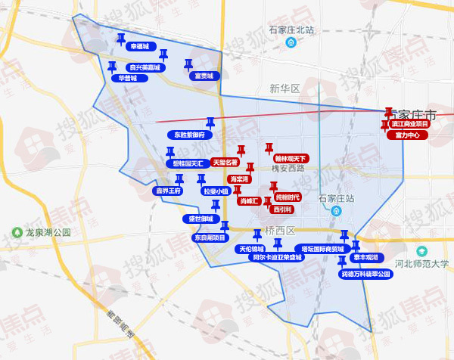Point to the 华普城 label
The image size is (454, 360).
click(x=126, y=78)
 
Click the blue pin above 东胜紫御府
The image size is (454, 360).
click(x=210, y=123)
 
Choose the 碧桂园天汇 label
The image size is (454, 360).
click(x=186, y=163)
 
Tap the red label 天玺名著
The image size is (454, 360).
click(x=225, y=162)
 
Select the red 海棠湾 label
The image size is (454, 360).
click(x=239, y=179)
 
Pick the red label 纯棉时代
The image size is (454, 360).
click(x=288, y=197)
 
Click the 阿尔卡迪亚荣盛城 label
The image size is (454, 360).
click(x=276, y=258)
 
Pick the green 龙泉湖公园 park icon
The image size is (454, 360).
click(x=17, y=232)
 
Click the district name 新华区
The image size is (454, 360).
click(x=285, y=88)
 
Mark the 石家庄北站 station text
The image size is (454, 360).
click(x=291, y=30)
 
